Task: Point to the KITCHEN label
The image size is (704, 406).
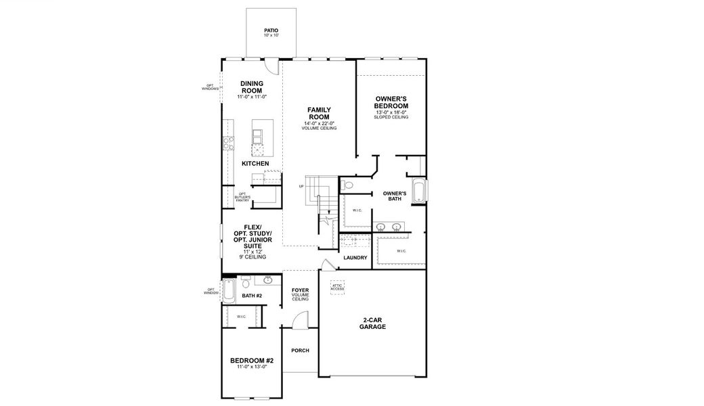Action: click(x=255, y=164)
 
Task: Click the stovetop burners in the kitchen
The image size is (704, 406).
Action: click(x=228, y=143)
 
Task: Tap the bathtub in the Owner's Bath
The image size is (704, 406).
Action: click(x=419, y=191)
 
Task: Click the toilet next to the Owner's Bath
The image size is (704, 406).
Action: click(x=348, y=185)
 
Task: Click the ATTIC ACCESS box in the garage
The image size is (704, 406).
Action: click(x=337, y=288)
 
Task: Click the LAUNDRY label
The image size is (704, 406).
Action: click(x=355, y=258)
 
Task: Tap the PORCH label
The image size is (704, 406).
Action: click(x=300, y=351)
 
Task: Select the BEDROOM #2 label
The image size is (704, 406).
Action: click(x=252, y=363)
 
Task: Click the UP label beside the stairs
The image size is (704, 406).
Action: click(x=301, y=186)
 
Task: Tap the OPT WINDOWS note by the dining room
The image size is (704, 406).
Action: click(x=211, y=88)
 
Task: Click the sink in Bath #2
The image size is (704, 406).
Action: click(x=268, y=279)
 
